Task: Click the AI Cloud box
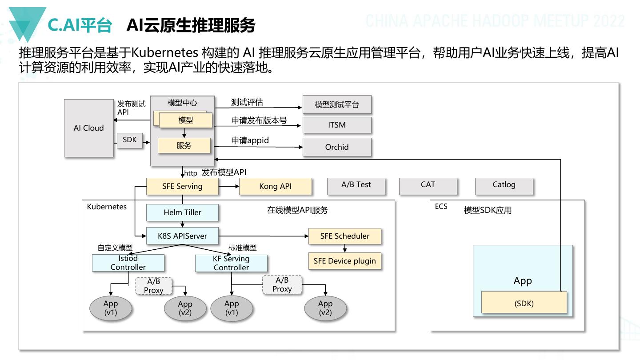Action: [x=88, y=128]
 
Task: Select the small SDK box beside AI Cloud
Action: [x=130, y=140]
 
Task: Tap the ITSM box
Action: [x=337, y=125]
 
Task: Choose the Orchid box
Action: [x=337, y=147]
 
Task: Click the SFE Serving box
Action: [x=182, y=186]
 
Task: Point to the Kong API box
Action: [x=275, y=186]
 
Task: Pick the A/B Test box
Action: [x=356, y=186]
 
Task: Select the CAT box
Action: [x=428, y=186]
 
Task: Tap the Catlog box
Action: [x=504, y=186]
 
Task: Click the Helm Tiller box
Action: [x=182, y=212]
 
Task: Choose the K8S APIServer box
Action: [x=182, y=236]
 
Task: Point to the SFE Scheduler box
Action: [x=344, y=236]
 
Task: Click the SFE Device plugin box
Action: [x=344, y=261]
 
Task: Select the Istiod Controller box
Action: [x=128, y=263]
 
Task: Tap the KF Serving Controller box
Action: [x=231, y=263]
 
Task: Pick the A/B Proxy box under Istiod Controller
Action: [x=153, y=286]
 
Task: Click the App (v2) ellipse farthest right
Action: [x=325, y=308]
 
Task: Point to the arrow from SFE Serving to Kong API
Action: [x=229, y=186]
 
